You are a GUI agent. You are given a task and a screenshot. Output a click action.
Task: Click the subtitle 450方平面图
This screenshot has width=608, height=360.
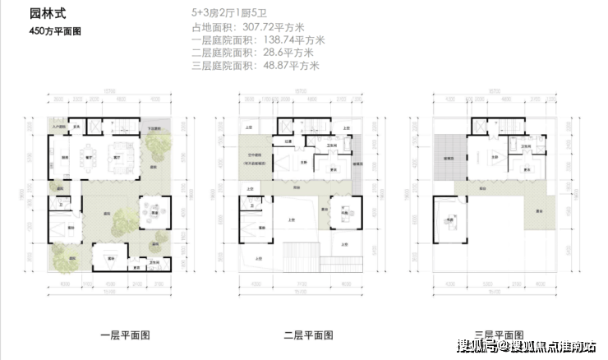(55, 31)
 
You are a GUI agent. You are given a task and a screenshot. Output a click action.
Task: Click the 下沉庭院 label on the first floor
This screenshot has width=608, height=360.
(154, 129)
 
